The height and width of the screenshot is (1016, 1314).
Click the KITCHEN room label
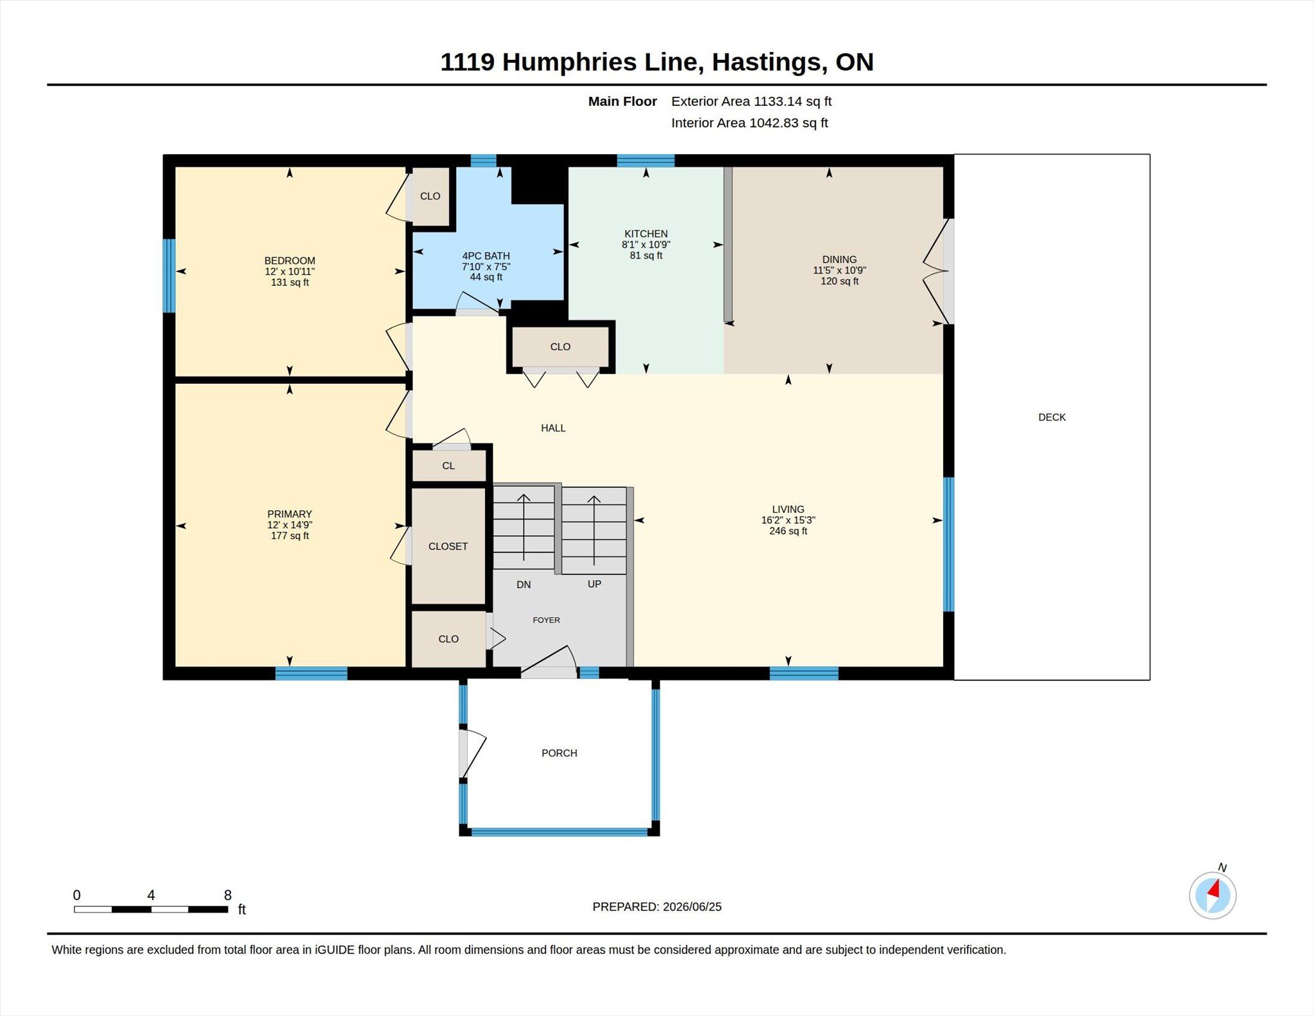646,234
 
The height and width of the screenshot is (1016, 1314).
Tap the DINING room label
839,260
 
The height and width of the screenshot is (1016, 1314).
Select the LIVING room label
788,510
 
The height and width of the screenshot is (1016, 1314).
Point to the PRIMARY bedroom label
289,514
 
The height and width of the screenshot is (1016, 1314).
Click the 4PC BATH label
486,256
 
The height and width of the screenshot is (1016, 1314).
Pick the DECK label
1052,417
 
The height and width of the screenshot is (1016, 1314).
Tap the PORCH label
559,753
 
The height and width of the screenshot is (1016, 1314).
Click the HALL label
553,428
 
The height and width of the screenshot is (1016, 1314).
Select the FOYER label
547,620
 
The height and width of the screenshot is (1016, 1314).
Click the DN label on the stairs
524,585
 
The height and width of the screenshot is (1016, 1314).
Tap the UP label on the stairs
594,584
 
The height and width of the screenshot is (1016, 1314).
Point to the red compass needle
1213,889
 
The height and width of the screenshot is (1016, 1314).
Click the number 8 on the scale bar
228,895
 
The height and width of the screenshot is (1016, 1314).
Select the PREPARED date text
657,907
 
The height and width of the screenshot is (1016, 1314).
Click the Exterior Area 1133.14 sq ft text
751,101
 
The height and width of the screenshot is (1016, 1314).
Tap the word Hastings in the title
767,62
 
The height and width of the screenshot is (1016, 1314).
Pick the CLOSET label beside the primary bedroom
448,546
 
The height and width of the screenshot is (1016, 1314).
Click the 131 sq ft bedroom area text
289,282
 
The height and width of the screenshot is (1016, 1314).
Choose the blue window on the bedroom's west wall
169,276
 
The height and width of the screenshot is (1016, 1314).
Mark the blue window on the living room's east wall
948,544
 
